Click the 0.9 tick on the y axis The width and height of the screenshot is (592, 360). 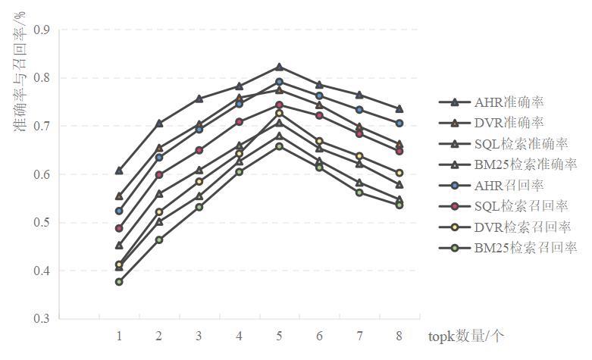[x=41, y=30]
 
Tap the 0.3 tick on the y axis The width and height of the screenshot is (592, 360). [x=41, y=319]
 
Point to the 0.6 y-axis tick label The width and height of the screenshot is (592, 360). [x=41, y=174]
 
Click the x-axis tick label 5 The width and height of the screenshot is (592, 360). [x=279, y=336]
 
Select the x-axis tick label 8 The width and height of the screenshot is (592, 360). [x=399, y=336]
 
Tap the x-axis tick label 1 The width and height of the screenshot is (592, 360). [x=119, y=336]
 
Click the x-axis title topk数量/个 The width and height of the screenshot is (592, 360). [x=464, y=336]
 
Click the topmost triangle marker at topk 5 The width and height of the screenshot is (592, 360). [x=279, y=67]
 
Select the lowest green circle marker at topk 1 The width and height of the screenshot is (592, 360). [x=119, y=281]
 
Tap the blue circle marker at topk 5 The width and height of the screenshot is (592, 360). [x=279, y=81]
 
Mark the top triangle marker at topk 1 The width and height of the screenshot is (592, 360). [x=119, y=171]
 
